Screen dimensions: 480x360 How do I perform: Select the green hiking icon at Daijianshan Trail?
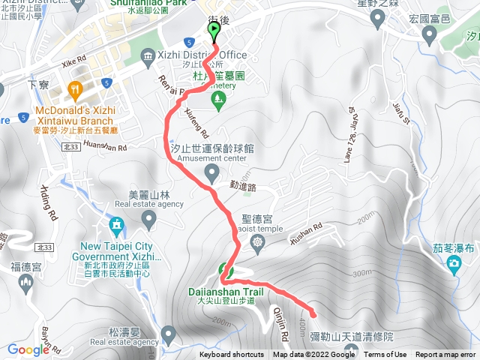pos(225,271)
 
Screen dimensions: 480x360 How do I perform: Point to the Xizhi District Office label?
pos(201,55)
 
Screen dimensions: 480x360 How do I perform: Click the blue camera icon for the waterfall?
pos(454,264)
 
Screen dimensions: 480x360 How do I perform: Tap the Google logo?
pos(28,349)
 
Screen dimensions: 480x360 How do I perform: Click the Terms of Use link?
pos(385,355)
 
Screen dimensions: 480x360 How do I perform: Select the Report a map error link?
pos(445,355)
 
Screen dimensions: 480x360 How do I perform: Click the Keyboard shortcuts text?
pos(232,355)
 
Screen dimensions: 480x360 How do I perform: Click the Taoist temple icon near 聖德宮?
pos(258,241)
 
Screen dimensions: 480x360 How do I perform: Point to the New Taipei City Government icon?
pos(116,225)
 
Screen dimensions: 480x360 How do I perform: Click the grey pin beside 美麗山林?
pos(148,218)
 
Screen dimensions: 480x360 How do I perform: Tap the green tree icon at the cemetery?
pos(218,98)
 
